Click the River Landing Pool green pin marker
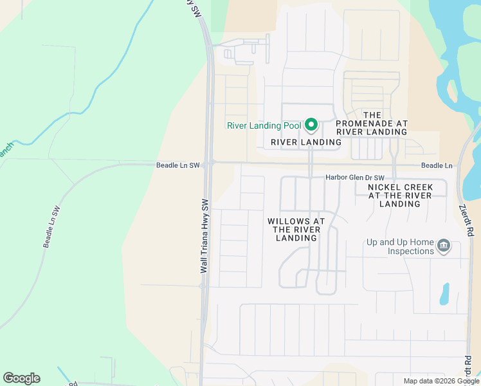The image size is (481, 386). [x=311, y=124]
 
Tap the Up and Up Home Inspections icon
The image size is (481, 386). [x=443, y=246]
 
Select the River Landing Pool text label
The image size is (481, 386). [x=264, y=126]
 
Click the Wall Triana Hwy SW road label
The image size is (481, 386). [x=205, y=235]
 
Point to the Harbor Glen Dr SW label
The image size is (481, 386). [x=355, y=178]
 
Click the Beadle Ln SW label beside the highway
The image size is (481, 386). [x=178, y=165]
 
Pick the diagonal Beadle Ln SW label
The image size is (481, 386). [x=51, y=227]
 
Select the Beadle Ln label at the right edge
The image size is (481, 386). [x=437, y=166]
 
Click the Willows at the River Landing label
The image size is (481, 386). [x=296, y=230]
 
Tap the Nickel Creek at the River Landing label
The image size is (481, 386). [x=400, y=196]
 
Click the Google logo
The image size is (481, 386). [x=21, y=378]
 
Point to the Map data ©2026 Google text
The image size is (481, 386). [x=442, y=381]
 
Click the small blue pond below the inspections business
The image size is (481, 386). [x=444, y=293]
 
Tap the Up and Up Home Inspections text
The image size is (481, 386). [x=400, y=246]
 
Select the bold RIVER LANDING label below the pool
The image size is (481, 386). [x=306, y=142]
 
